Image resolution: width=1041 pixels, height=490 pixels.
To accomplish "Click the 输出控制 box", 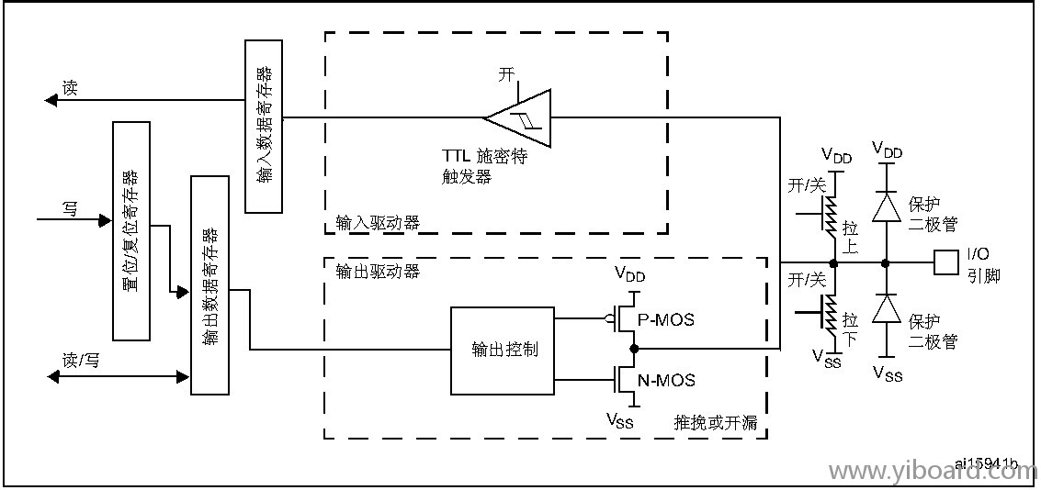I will [503, 351].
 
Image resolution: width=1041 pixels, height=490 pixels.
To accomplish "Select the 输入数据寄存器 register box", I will [264, 127].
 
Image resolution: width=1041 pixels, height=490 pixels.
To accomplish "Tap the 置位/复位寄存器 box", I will [130, 230].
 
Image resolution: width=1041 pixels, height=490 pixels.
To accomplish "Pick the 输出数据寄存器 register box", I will [209, 284].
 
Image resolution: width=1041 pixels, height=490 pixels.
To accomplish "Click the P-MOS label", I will [666, 320].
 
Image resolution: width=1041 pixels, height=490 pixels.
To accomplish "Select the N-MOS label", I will [666, 380].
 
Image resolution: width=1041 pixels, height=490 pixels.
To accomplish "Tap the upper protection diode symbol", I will [886, 207].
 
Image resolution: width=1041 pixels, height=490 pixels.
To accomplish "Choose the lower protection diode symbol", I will [886, 310].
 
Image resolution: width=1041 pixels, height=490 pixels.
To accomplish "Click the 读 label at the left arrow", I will [70, 88].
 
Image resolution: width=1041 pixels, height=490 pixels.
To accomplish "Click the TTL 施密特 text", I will [485, 157].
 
